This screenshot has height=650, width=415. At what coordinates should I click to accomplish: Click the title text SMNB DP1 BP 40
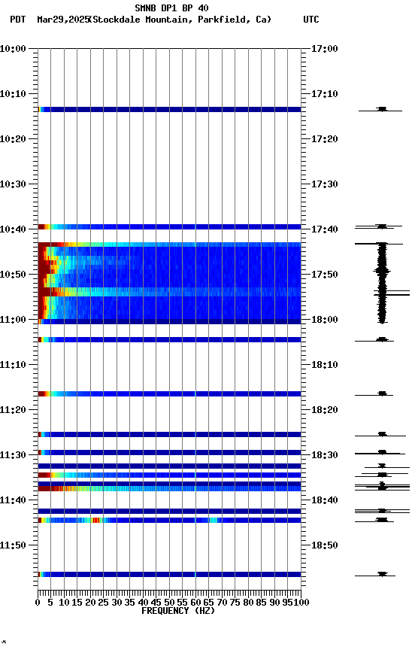coord(171,8)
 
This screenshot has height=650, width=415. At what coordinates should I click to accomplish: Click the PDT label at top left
coord(17,20)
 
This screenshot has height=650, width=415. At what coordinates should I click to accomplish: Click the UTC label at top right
coord(311,20)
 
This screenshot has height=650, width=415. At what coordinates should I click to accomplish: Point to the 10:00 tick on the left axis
coord(14,49)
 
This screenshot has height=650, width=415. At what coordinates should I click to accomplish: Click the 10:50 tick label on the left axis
coord(14,275)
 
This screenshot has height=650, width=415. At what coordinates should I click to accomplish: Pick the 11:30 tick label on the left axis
coord(14,455)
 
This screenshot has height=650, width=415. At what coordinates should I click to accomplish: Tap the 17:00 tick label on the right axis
coord(325,49)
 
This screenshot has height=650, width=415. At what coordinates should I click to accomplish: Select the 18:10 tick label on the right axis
coord(325,365)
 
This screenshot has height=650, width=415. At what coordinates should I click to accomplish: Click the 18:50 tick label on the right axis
coord(325,545)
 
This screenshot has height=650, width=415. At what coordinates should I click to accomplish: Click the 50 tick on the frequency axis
coord(169,602)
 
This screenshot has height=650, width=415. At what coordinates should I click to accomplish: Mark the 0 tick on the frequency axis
coord(38,602)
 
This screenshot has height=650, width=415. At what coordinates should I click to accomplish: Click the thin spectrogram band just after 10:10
coord(169,110)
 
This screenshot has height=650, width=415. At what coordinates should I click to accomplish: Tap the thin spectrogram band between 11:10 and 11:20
coord(169,393)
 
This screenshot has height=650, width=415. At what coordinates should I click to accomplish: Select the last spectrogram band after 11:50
coord(169,574)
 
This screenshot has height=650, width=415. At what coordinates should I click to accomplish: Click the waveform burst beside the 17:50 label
coord(382,275)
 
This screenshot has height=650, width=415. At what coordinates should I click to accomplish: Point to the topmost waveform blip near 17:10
coord(382,110)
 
